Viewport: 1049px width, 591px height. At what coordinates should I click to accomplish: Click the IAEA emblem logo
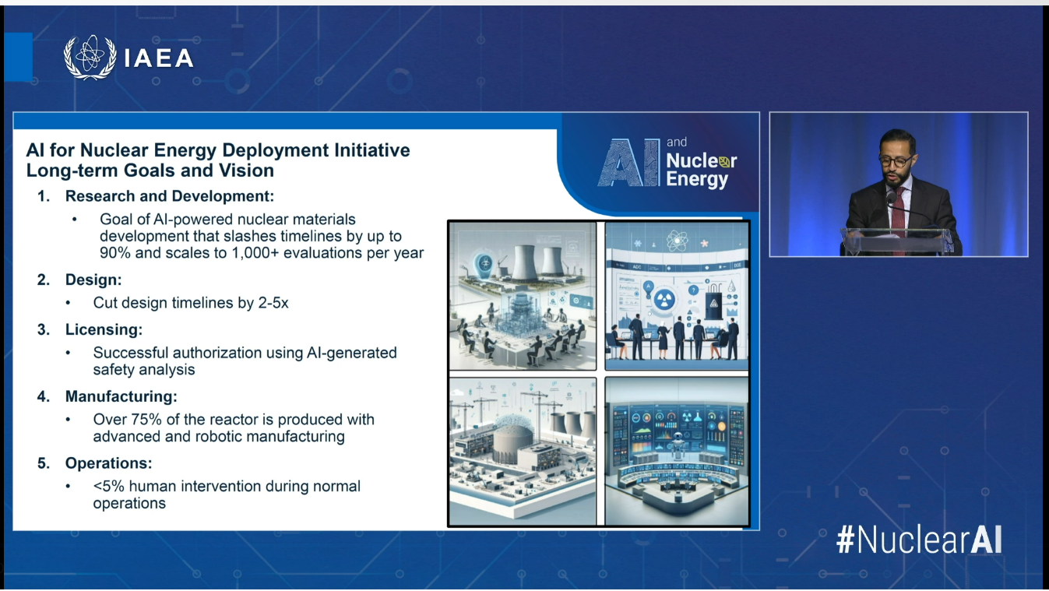tap(90, 57)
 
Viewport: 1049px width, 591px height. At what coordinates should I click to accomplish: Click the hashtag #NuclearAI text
tap(919, 540)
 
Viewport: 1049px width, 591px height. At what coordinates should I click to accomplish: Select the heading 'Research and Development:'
tap(169, 196)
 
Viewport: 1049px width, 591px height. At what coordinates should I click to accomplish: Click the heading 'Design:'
tap(93, 279)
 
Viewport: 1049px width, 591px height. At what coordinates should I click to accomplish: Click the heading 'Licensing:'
tap(104, 329)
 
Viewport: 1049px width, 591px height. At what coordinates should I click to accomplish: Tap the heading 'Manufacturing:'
tap(121, 396)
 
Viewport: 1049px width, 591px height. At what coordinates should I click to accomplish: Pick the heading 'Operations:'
tap(108, 463)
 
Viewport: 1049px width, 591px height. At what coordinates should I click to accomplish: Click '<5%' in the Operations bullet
tap(108, 487)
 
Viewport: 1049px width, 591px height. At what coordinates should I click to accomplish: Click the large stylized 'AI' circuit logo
tap(627, 163)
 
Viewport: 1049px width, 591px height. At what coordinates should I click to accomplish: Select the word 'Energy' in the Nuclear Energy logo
tap(697, 180)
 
